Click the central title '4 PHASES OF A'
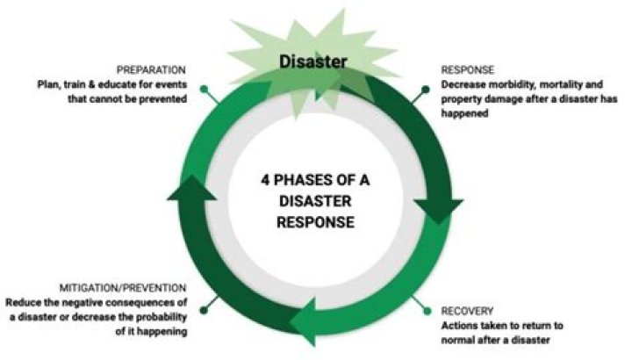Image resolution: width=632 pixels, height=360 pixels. (315, 178)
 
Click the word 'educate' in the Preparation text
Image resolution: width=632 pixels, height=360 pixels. (142, 83)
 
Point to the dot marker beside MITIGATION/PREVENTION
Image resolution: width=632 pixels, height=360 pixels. (204, 309)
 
